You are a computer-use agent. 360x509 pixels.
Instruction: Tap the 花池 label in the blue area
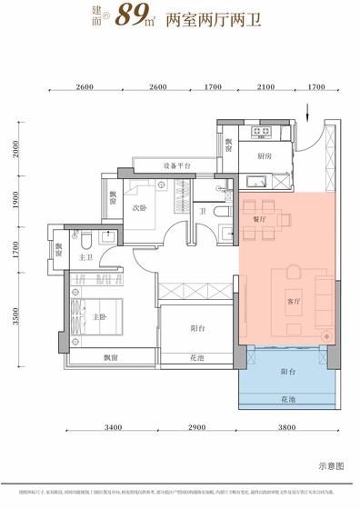pyautogui.click(x=287, y=397)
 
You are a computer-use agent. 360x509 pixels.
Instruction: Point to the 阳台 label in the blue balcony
pyautogui.click(x=287, y=372)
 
